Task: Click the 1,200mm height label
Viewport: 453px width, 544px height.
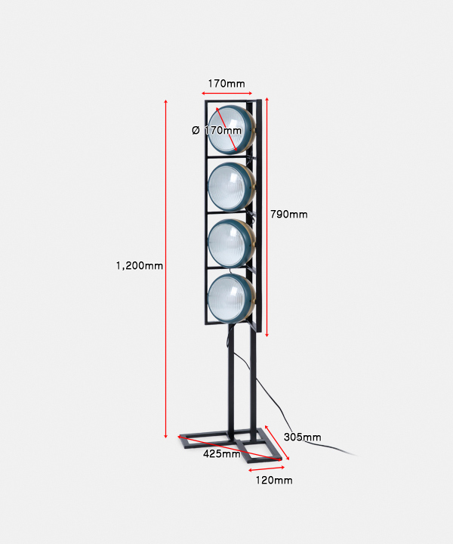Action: [x=140, y=266]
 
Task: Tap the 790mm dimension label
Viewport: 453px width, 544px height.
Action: [x=289, y=215]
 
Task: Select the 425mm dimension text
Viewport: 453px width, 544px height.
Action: [x=222, y=454]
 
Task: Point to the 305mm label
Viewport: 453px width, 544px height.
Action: [x=302, y=437]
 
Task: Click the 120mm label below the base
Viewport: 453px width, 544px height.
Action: [x=274, y=481]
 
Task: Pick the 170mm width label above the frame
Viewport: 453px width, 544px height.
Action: [x=226, y=84]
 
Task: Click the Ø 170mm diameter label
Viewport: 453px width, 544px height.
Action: [x=217, y=131]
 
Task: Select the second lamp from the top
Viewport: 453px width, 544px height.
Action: [x=231, y=187]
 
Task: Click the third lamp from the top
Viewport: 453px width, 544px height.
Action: [x=231, y=243]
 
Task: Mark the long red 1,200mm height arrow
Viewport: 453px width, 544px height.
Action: [x=165, y=268]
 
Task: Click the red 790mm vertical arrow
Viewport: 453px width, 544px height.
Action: [x=267, y=217]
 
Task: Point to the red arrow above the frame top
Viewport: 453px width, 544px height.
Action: [x=226, y=93]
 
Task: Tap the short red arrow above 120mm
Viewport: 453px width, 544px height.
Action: [x=267, y=468]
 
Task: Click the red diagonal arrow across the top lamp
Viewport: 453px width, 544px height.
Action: [x=226, y=129]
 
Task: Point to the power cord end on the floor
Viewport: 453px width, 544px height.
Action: [x=356, y=455]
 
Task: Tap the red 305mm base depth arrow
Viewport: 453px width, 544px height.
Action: [x=277, y=443]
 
